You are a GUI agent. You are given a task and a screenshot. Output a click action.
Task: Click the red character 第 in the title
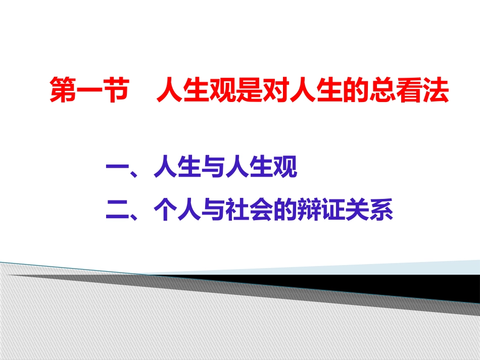click(63, 89)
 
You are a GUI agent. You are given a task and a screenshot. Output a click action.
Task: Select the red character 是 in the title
click(250, 89)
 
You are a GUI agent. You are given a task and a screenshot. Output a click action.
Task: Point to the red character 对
click(276, 89)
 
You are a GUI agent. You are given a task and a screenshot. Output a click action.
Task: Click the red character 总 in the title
click(382, 89)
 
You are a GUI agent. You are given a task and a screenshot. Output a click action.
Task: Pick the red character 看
click(409, 89)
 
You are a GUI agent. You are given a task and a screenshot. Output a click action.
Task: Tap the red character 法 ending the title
click(436, 89)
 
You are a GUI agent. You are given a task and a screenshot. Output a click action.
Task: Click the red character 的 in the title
click(356, 89)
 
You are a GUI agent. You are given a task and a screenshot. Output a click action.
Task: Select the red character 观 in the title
click(223, 89)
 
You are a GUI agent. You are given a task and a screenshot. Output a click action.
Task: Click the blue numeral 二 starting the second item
click(118, 210)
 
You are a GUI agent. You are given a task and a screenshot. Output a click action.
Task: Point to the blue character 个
click(166, 210)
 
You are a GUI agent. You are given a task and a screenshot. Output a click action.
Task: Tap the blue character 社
click(237, 210)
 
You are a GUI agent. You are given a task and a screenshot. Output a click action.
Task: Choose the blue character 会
click(261, 210)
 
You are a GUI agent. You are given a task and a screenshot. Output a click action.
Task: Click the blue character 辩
click(309, 210)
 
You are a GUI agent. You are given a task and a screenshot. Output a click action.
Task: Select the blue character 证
click(333, 210)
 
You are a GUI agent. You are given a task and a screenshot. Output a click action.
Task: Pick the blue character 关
click(357, 210)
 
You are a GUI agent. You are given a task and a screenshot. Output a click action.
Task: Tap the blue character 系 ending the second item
click(380, 210)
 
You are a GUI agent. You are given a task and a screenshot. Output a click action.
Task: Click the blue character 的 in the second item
click(285, 210)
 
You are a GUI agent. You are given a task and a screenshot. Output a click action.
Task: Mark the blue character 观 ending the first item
click(285, 167)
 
